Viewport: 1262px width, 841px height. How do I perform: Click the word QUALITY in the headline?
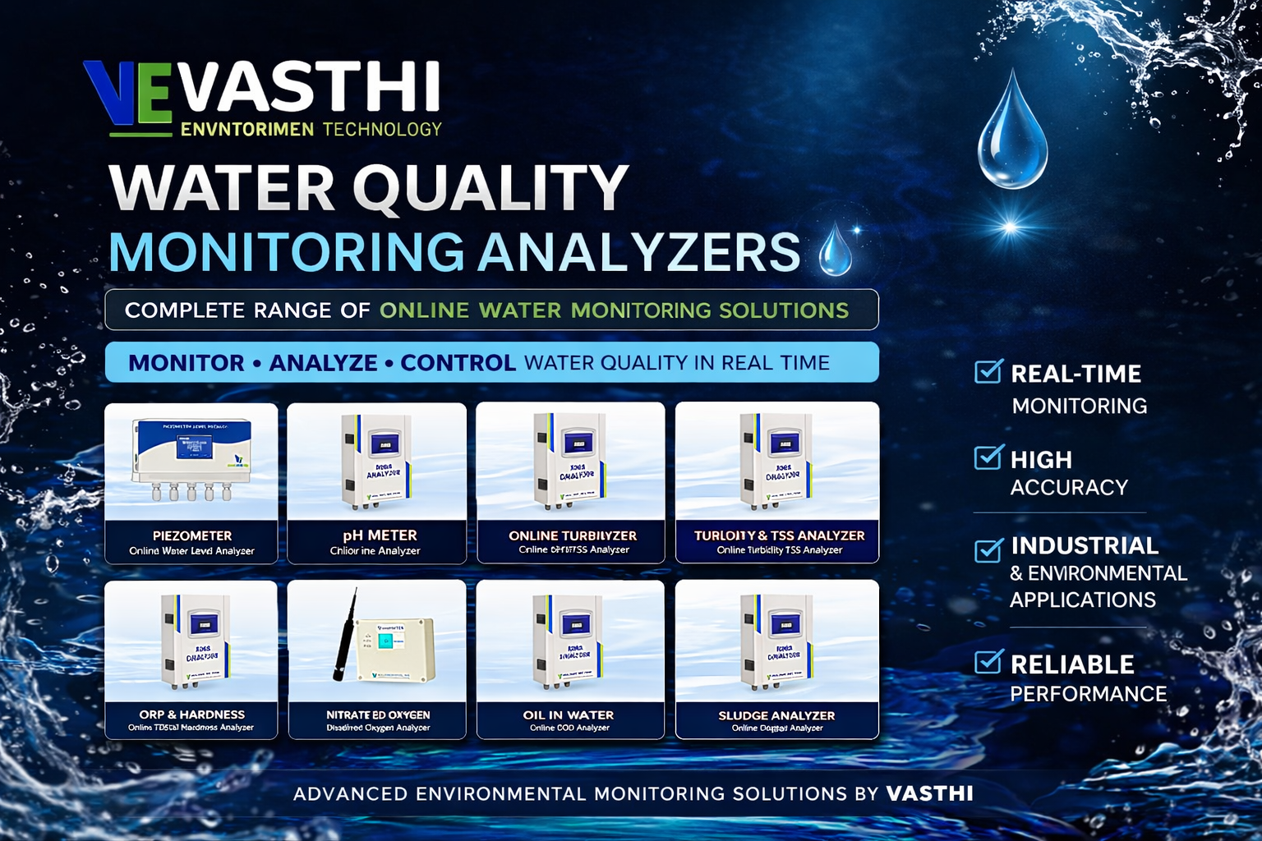point(491,189)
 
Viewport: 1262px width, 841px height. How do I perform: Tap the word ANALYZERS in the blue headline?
point(639,252)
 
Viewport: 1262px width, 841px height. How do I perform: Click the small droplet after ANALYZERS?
point(836,250)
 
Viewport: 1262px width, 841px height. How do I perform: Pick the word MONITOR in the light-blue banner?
point(187,363)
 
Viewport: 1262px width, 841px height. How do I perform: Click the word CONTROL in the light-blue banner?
point(458,363)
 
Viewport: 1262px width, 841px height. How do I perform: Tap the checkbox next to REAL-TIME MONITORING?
point(988,372)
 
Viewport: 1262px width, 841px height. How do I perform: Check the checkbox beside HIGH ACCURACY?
point(988,457)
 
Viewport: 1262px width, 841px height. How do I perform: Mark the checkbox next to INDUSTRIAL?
point(988,549)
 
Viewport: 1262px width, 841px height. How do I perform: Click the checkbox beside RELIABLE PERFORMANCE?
point(988,661)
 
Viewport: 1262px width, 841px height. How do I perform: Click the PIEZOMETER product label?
point(192,535)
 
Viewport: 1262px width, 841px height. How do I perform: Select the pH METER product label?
point(380,535)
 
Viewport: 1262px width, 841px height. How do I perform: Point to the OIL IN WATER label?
point(569,715)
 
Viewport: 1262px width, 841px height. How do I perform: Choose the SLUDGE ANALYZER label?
point(776,715)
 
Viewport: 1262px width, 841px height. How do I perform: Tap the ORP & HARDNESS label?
point(191,715)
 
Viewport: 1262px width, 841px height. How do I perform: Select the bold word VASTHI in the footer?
point(929,793)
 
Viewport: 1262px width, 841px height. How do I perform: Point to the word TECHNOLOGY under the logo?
point(382,129)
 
